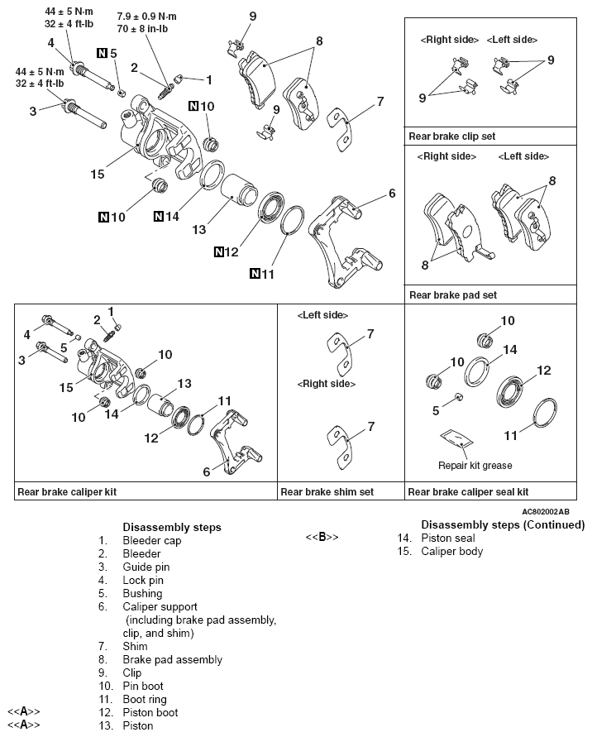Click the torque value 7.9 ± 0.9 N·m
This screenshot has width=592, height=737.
tap(146, 16)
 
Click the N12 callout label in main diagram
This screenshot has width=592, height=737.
tap(226, 251)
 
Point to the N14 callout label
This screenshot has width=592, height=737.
tap(166, 217)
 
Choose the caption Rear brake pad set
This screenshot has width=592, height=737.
tap(453, 294)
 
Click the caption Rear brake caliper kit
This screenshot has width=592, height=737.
tap(67, 491)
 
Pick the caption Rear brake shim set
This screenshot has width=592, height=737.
tap(327, 491)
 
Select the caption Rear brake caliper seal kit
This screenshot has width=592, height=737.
tap(468, 491)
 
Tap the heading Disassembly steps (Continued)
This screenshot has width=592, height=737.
tap(503, 525)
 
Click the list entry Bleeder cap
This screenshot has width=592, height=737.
tap(151, 540)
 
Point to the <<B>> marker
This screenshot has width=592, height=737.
tap(322, 538)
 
